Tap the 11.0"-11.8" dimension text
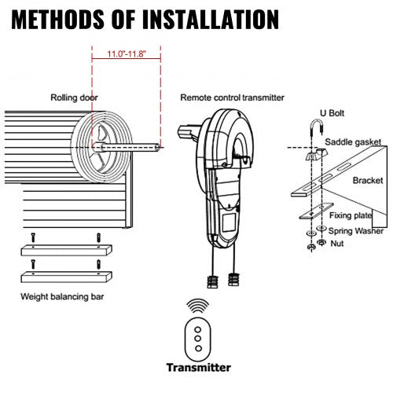point(126,54)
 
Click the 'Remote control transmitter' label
point(232,98)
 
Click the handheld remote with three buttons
point(199,335)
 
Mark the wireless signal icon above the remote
point(199,306)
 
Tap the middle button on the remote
point(199,336)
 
